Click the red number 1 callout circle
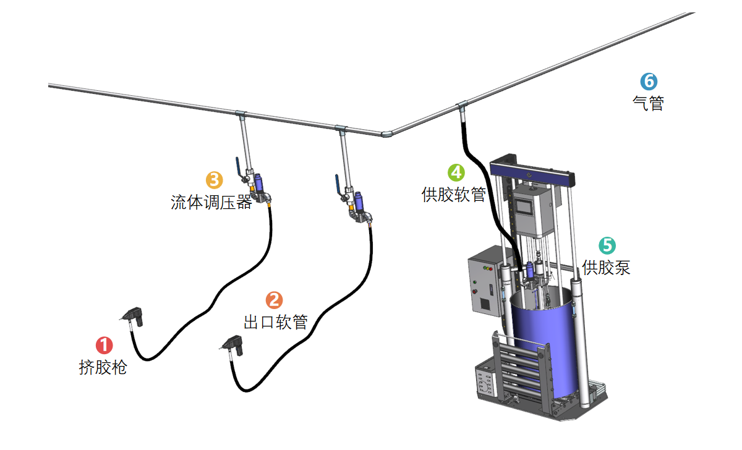(x=103, y=346)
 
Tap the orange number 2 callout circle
(x=273, y=300)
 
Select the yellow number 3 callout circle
(x=214, y=180)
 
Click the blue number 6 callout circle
(x=648, y=81)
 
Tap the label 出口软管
(x=276, y=322)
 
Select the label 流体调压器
(x=211, y=202)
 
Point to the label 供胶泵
(x=607, y=268)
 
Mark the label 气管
(x=648, y=103)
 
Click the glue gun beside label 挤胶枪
(x=134, y=316)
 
